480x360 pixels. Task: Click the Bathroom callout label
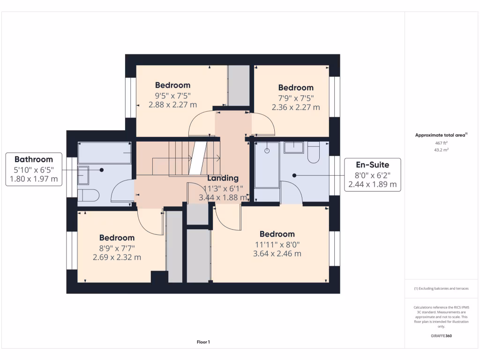point(33,159)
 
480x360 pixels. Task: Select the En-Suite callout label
point(372,165)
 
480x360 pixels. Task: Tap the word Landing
point(223,178)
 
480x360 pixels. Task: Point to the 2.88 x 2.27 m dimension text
point(172,105)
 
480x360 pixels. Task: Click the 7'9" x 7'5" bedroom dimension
point(296,97)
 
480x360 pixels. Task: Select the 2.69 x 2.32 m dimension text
point(117,257)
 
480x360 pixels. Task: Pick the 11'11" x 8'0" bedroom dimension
point(277,244)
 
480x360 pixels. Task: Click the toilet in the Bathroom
point(88,195)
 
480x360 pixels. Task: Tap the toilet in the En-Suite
point(314,153)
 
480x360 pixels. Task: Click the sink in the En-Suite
point(293,148)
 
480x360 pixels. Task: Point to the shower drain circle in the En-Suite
point(267,151)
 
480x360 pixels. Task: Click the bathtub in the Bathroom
point(104,153)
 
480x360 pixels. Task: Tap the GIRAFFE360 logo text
point(442,336)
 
